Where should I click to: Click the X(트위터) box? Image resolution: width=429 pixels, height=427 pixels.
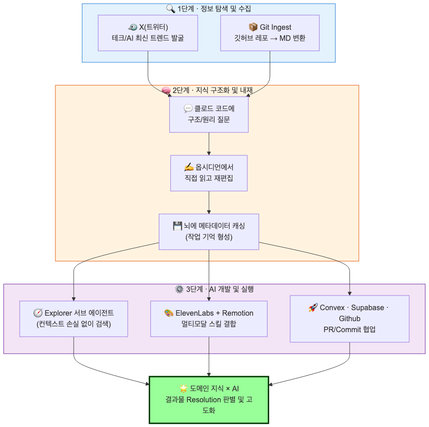point(148,33)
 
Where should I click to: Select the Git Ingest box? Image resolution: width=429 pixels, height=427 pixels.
point(270,33)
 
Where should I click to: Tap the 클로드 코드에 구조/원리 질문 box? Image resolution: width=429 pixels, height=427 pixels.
point(209,115)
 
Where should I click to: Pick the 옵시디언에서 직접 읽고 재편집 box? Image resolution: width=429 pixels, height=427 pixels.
point(209,173)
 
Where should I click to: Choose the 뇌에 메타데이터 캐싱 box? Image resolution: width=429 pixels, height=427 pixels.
point(209,231)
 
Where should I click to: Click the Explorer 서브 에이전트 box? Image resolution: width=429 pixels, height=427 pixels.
point(74,318)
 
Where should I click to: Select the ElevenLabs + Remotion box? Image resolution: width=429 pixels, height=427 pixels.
point(209,318)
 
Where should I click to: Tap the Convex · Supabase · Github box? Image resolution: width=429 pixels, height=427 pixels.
point(349,318)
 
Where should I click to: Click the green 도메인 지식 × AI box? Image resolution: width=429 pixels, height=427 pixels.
point(209,400)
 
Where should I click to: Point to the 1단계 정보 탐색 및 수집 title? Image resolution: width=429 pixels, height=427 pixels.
point(214,9)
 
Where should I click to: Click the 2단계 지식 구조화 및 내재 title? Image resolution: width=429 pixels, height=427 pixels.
point(212,90)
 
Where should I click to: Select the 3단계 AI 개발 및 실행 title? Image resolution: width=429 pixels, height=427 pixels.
point(220,289)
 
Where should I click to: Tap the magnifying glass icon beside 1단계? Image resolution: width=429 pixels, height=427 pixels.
point(171,9)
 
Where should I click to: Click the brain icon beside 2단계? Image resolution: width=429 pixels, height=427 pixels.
point(166,90)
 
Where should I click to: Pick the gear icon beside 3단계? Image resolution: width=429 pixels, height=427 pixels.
point(179,289)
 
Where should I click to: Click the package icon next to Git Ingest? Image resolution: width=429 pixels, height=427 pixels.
point(253,27)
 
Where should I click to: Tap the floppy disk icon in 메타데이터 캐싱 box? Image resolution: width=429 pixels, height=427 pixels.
point(177,226)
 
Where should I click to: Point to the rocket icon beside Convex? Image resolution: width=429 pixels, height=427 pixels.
point(313,307)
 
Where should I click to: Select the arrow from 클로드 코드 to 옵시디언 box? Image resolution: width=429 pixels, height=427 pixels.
point(209,144)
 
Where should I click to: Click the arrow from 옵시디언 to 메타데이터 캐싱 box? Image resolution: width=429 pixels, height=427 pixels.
point(209,203)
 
